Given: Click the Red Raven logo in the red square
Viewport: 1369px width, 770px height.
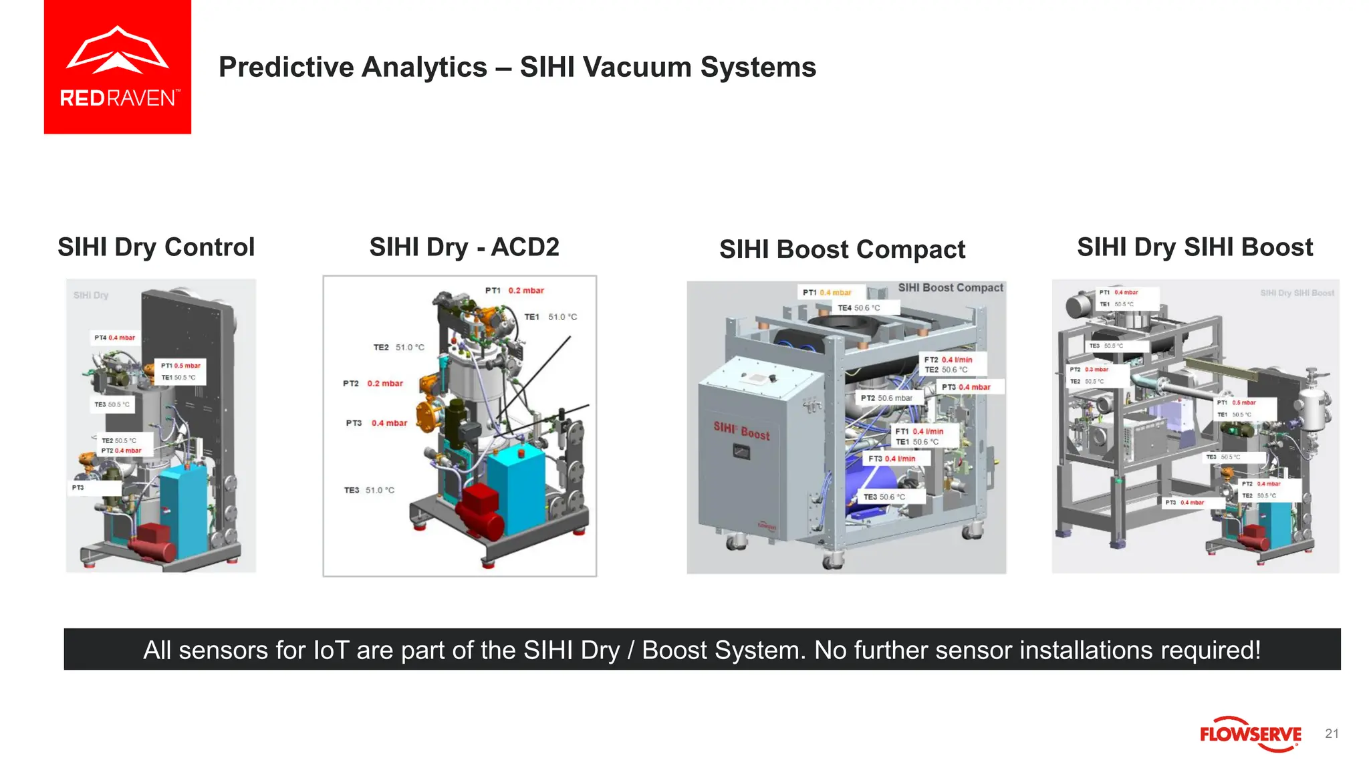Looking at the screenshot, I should pyautogui.click(x=118, y=67).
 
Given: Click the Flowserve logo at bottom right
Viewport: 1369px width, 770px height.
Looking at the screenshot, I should pyautogui.click(x=1250, y=734).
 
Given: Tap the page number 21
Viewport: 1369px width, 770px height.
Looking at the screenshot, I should pyautogui.click(x=1332, y=734).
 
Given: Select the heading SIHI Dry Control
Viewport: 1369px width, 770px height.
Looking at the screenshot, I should pyautogui.click(x=156, y=247).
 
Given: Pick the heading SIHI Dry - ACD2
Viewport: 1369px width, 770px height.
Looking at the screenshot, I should pyautogui.click(x=464, y=247).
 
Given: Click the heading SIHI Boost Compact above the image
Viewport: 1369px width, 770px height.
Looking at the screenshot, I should pyautogui.click(x=842, y=249).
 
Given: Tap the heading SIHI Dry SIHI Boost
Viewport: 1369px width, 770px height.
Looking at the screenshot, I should pyautogui.click(x=1195, y=247).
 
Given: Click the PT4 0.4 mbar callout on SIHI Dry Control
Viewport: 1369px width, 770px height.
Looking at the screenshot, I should pyautogui.click(x=114, y=338).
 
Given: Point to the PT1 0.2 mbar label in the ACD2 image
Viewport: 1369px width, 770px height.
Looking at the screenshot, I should pyautogui.click(x=514, y=291).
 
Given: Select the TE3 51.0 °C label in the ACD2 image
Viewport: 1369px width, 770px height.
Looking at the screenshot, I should pyautogui.click(x=369, y=490).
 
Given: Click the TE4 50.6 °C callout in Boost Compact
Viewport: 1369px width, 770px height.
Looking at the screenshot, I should pyautogui.click(x=859, y=308).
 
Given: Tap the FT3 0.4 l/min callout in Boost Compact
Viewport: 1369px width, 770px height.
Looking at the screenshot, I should pyautogui.click(x=892, y=459).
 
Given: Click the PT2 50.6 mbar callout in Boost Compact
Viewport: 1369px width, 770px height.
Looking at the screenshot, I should pyautogui.click(x=886, y=398).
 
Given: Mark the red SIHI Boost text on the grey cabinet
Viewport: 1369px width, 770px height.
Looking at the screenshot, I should pyautogui.click(x=741, y=430).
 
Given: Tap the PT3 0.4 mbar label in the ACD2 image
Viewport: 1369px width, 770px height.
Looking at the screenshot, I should pyautogui.click(x=376, y=423).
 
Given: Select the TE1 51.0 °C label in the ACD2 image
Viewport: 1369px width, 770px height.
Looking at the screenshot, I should pyautogui.click(x=550, y=317).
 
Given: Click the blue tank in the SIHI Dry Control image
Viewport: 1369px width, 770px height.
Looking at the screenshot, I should pyautogui.click(x=184, y=508).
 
